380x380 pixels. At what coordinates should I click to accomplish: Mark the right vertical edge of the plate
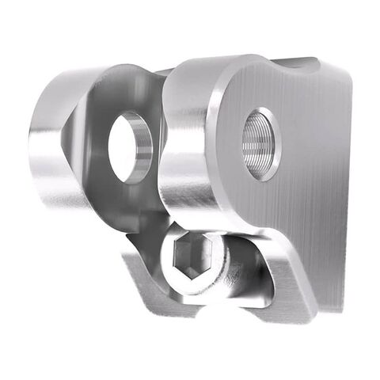[x=347, y=190]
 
